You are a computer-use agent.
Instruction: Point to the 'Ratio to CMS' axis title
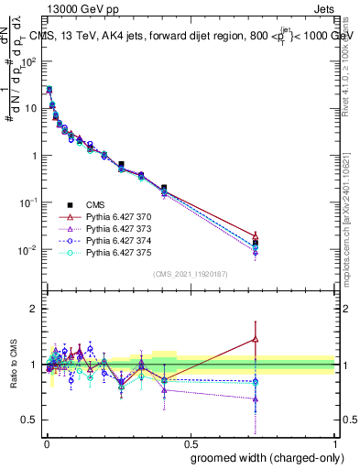[13, 365]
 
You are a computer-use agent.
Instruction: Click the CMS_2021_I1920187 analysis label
[190, 274]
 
